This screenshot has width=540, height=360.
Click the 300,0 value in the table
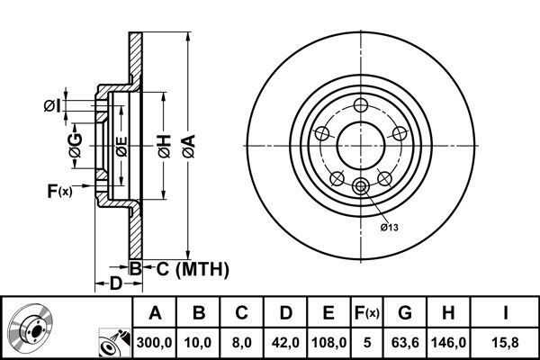pyautogui.click(x=154, y=342)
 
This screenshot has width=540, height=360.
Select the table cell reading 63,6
pyautogui.click(x=405, y=342)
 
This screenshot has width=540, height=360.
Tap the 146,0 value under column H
pyautogui.click(x=448, y=342)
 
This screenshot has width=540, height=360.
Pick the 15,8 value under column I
pyautogui.click(x=505, y=342)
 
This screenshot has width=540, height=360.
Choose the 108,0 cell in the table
pyautogui.click(x=328, y=342)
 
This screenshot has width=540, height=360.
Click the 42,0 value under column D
pyautogui.click(x=285, y=342)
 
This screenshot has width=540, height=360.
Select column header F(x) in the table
pyautogui.click(x=367, y=313)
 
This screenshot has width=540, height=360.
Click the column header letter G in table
pyautogui.click(x=405, y=313)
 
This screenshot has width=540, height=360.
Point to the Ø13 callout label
pyautogui.click(x=389, y=228)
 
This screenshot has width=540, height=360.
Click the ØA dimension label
pyautogui.click(x=189, y=146)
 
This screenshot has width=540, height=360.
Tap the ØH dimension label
pyautogui.click(x=165, y=147)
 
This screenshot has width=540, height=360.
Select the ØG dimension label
pyautogui.click(x=76, y=146)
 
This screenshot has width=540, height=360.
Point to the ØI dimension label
pyautogui.click(x=52, y=106)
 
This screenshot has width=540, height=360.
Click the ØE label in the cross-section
pyautogui.click(x=121, y=147)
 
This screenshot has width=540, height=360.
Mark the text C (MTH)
pyautogui.click(x=193, y=269)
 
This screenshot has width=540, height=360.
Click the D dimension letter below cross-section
pyautogui.click(x=116, y=283)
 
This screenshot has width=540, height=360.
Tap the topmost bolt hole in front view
pyautogui.click(x=361, y=105)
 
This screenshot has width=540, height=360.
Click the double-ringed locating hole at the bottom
pyautogui.click(x=361, y=186)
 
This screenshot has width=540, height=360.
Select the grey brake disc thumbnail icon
pyautogui.click(x=30, y=324)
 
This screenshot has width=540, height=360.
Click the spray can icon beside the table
pyautogui.click(x=114, y=342)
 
